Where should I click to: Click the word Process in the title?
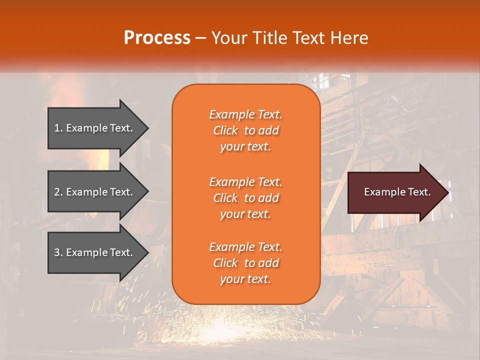click(x=157, y=38)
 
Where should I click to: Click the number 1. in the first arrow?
click(x=58, y=128)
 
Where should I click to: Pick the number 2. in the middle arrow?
click(x=58, y=192)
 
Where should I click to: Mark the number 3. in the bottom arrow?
click(x=58, y=252)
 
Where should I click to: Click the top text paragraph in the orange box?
click(x=245, y=130)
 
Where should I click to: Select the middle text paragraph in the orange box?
click(x=245, y=198)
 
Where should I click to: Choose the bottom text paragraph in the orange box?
click(x=245, y=263)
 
